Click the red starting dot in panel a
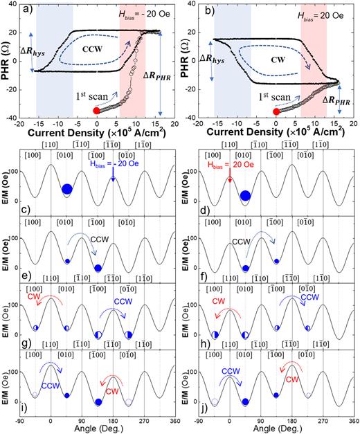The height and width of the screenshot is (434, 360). point(97,110)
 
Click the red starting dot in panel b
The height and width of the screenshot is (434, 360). point(276,111)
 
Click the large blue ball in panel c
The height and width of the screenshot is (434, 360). point(67,190)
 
